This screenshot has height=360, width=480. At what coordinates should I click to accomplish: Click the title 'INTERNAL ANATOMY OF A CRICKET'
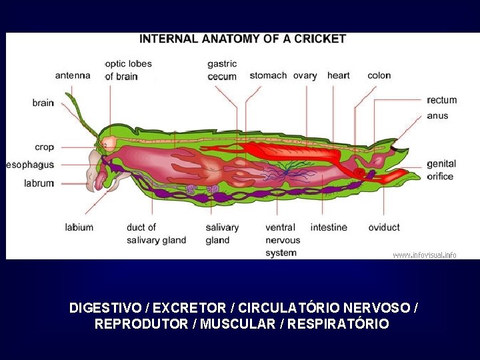(x=243, y=39)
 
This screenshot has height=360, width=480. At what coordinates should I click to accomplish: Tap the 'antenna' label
(x=73, y=75)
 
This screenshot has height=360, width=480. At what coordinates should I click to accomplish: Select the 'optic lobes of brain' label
(x=128, y=70)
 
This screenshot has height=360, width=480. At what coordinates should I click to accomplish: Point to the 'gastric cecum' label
(x=222, y=70)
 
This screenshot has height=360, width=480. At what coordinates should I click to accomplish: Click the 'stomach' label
(x=268, y=75)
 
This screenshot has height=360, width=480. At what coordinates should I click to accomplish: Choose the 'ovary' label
(x=305, y=75)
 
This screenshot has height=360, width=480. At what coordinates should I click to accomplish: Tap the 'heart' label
(x=338, y=75)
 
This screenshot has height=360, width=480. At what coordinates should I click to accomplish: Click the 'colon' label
(x=379, y=75)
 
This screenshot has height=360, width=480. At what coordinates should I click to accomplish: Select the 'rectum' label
(x=442, y=100)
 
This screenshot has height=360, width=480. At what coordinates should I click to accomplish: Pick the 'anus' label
(x=437, y=115)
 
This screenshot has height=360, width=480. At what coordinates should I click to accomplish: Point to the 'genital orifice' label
(x=441, y=170)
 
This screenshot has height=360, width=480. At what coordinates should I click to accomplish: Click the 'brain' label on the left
(x=43, y=103)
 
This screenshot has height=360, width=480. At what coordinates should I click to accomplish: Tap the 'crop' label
(x=44, y=147)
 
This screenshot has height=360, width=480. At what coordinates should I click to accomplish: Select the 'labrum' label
(x=39, y=183)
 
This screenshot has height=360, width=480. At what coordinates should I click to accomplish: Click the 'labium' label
(x=79, y=227)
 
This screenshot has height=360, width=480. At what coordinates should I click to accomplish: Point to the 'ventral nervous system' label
(x=283, y=240)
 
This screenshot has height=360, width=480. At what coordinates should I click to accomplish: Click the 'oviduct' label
(x=384, y=227)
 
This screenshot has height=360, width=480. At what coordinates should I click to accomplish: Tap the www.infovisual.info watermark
(x=425, y=255)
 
